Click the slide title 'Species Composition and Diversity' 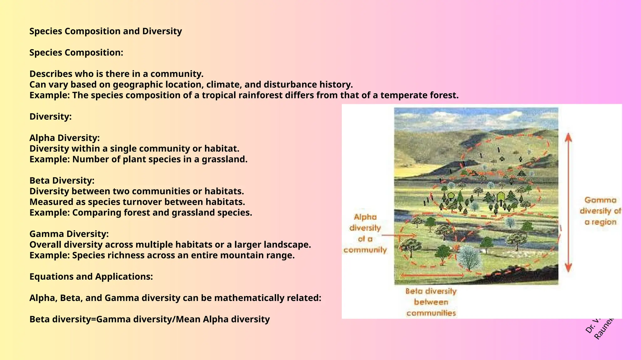pyautogui.click(x=105, y=31)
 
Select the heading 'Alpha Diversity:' pyautogui.click(x=64, y=138)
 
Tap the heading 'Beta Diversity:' pyautogui.click(x=62, y=181)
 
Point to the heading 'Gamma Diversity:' pyautogui.click(x=69, y=234)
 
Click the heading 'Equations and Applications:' pyautogui.click(x=91, y=277)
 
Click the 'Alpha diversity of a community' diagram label pyautogui.click(x=365, y=233)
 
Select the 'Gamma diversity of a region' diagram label pyautogui.click(x=600, y=211)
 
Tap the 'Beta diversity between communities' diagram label pyautogui.click(x=431, y=302)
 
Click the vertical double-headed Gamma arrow pyautogui.click(x=568, y=202)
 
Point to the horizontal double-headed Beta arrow pyautogui.click(x=432, y=275)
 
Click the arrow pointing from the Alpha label pyautogui.click(x=399, y=235)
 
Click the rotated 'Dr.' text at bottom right pyautogui.click(x=590, y=328)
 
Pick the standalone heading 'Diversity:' pyautogui.click(x=50, y=117)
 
